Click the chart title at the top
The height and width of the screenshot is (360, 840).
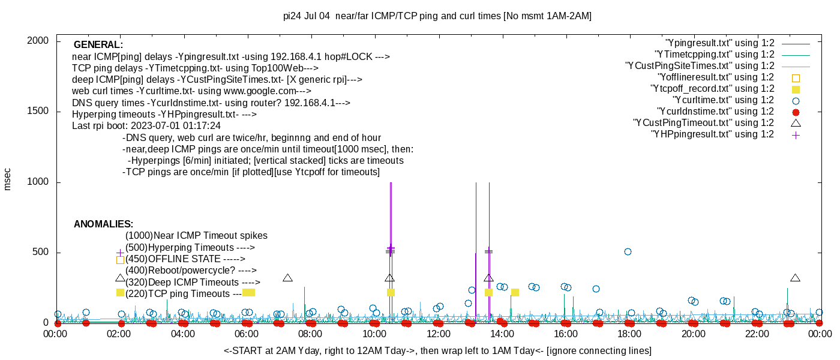coord(437,16)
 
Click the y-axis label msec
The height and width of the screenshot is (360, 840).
coord(8,178)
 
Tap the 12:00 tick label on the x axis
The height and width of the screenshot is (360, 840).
coord(438,334)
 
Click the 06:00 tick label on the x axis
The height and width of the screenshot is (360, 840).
coord(247,334)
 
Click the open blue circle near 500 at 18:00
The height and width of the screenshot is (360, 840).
coord(628,251)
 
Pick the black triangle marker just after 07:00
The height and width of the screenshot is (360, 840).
coord(287,278)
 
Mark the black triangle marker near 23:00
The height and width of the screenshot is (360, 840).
coord(796,278)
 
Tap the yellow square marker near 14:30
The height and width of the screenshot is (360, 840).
coord(515,292)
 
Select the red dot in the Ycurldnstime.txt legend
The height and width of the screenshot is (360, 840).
coord(796,112)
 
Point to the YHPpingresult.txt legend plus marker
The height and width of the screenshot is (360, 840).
coord(796,134)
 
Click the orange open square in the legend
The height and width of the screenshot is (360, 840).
coord(796,77)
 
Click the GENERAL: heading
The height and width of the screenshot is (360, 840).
coord(98,45)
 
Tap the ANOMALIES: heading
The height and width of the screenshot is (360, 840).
coord(103,224)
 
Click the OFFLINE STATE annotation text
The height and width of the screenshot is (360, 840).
coord(184,259)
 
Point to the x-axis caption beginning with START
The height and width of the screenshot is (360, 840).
coord(437,350)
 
